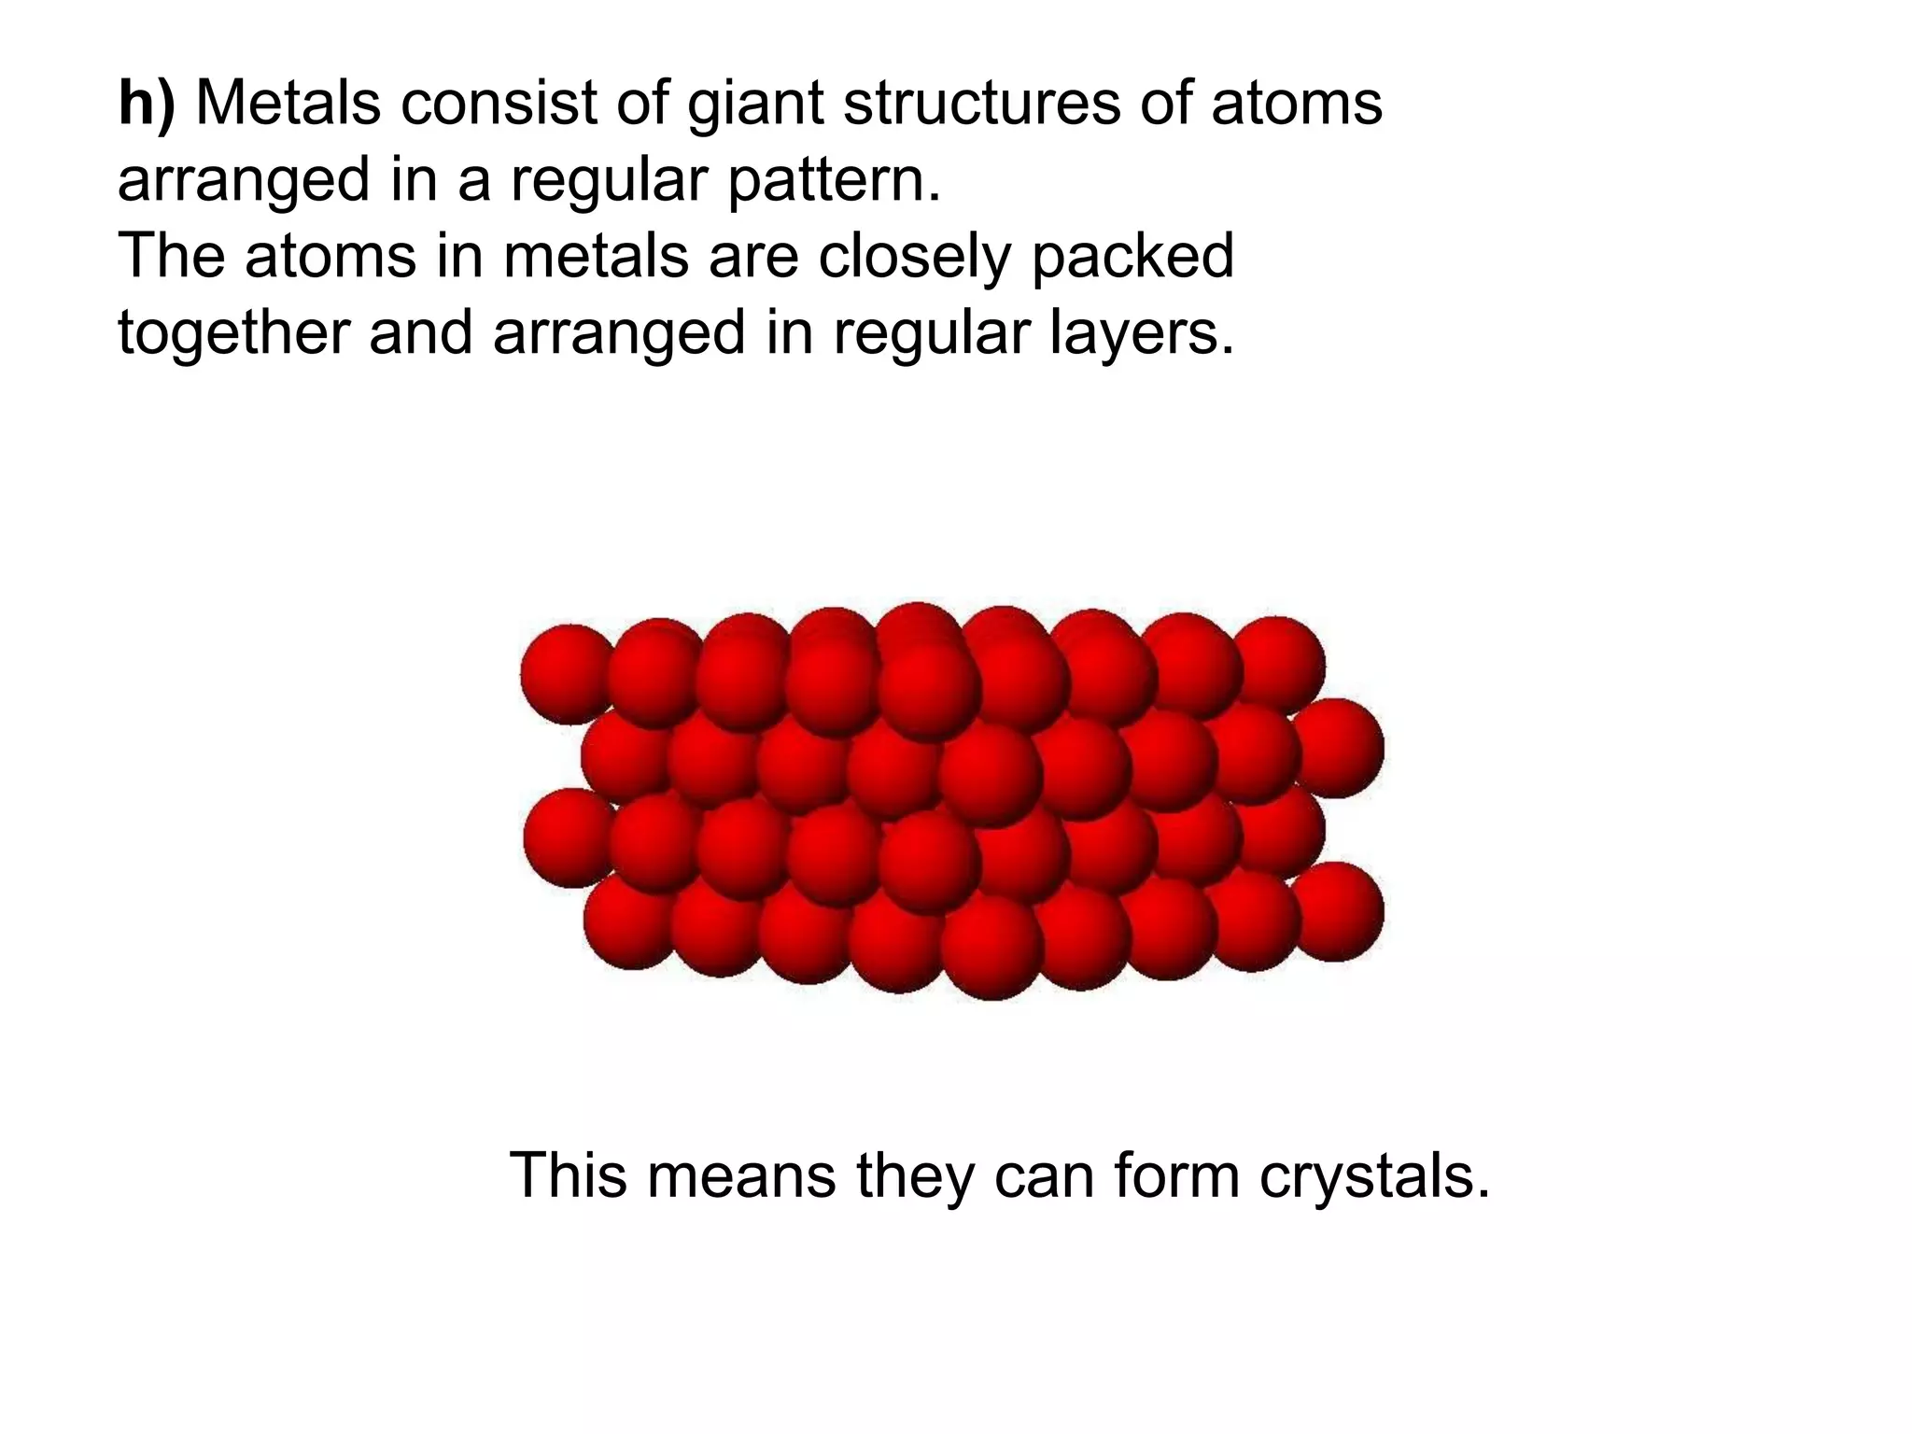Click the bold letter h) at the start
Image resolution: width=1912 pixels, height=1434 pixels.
146,104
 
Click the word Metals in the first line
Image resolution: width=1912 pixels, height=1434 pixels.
288,104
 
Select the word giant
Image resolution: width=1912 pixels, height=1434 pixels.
753,105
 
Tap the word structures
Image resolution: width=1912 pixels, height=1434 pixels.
979,104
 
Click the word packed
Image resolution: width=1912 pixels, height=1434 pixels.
1132,258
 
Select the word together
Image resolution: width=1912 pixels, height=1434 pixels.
232,333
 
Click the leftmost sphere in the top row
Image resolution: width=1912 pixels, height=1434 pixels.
566,672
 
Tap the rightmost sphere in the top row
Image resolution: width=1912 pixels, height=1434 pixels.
1277,663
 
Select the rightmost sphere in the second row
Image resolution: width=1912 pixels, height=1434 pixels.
1337,747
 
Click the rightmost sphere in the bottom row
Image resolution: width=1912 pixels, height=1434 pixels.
1337,911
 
